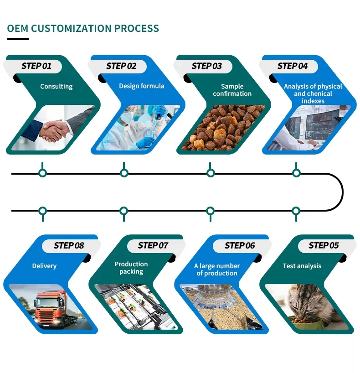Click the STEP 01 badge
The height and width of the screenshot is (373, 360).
36,66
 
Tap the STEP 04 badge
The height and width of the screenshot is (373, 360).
293,66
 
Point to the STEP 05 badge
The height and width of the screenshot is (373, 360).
324,245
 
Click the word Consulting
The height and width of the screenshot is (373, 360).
56,86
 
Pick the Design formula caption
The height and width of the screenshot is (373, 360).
141,86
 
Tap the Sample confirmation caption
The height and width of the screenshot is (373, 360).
232,90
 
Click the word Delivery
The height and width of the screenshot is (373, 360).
45,266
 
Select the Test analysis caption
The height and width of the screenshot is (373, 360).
302,266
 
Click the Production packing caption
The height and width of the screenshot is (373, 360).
131,268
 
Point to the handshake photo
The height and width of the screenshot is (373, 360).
52,129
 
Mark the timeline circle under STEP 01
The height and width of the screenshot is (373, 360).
42,173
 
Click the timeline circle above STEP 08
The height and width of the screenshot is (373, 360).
42,211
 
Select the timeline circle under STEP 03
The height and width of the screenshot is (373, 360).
211,173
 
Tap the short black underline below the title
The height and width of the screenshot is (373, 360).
18,39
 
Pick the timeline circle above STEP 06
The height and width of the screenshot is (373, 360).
210,211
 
